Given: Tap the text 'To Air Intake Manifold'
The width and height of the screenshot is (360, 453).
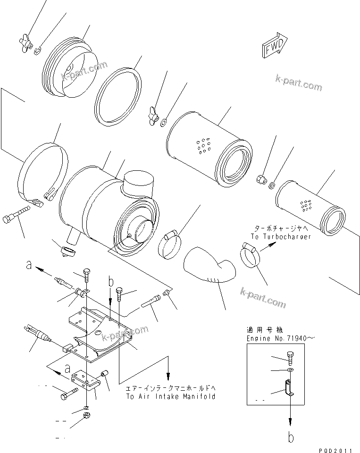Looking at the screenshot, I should click(x=170, y=397).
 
